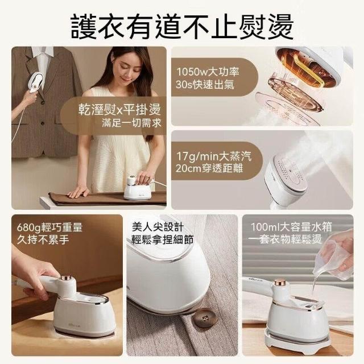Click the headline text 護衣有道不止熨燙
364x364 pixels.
pos(182,27)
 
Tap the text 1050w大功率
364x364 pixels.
pos(208,72)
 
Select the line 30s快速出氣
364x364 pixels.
pos(205,85)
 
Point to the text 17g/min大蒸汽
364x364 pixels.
pos(214,156)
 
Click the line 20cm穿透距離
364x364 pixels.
pos(209,168)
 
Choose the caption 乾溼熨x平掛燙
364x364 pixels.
pos(119,110)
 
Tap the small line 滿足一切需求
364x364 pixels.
pos(131,123)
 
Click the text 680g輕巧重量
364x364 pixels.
pos(49,227)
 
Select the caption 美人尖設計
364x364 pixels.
pos(158,226)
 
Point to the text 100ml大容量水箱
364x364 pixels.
pos(291,227)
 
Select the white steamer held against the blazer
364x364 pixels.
pos(36,82)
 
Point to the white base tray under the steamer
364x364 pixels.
pos(297,341)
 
